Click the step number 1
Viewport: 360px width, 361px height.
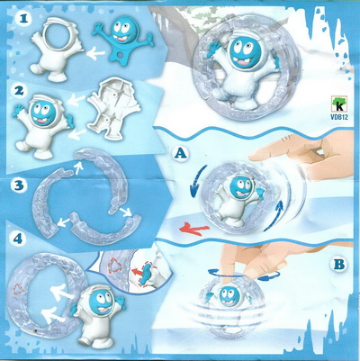pos(25,19)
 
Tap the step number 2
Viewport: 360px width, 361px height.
pos(19,91)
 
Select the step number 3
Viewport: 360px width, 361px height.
pos(19,185)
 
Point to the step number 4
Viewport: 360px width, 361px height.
pos(18,239)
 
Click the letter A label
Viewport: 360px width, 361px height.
pos(179,154)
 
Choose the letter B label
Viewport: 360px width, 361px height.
pos(338,265)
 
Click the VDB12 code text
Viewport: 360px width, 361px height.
pos(339,117)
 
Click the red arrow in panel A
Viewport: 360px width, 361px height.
pos(193,230)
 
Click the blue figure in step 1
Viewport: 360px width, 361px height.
pos(122,39)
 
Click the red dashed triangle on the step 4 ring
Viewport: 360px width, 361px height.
pos(19,290)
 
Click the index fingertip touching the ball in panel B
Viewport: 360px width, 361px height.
pos(226,277)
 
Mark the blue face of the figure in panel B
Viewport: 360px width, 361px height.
pos(229,296)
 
